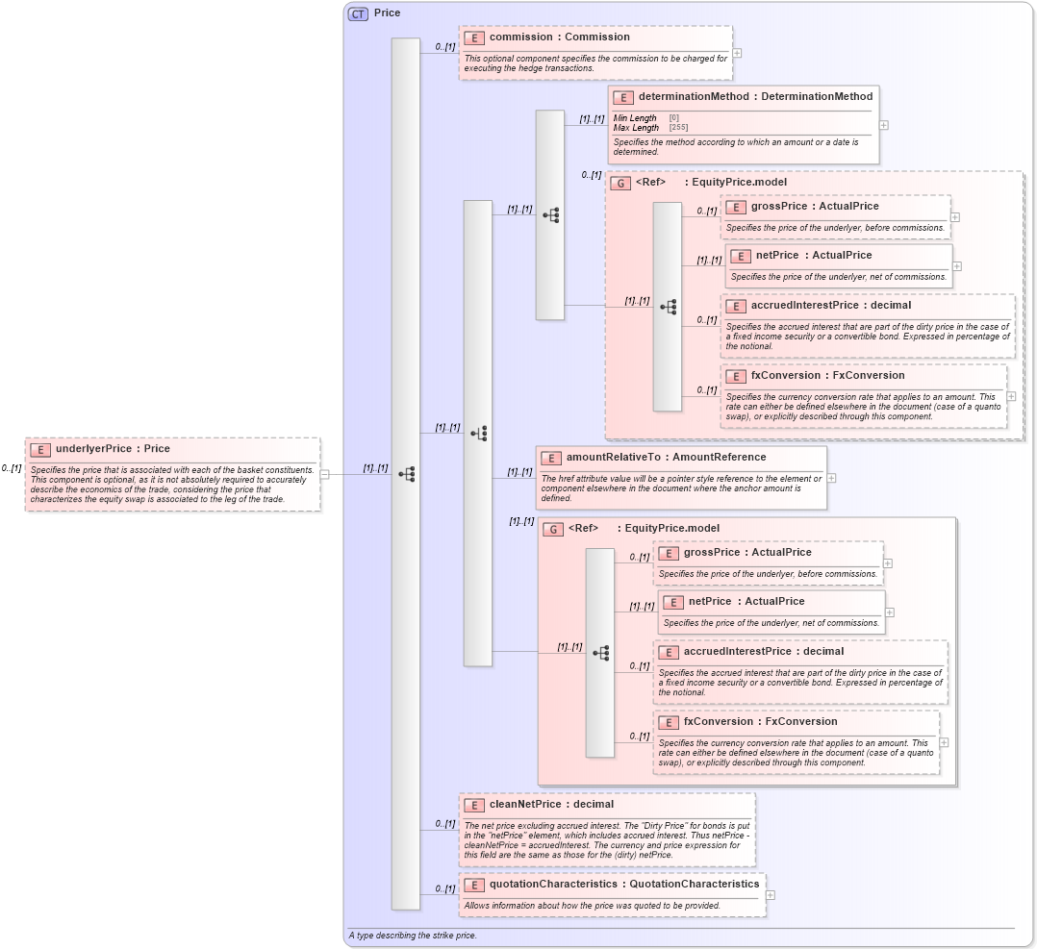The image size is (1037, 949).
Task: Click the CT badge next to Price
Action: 358,13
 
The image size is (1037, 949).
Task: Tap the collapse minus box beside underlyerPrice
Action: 325,474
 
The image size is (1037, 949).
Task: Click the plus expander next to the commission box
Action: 737,54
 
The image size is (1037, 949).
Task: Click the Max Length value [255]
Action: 678,127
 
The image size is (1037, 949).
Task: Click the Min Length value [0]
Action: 673,117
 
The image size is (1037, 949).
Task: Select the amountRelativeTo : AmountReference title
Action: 666,458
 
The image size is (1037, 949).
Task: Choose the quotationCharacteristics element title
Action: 623,884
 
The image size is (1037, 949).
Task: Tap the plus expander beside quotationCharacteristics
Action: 771,894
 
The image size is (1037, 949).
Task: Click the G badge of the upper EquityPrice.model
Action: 620,183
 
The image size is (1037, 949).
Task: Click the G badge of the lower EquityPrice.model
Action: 553,529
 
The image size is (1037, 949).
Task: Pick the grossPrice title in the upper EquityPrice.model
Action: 814,207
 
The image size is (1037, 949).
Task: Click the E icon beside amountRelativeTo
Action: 551,459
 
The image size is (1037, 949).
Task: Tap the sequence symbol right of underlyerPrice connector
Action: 406,474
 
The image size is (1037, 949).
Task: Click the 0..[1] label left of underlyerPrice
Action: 12,468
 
